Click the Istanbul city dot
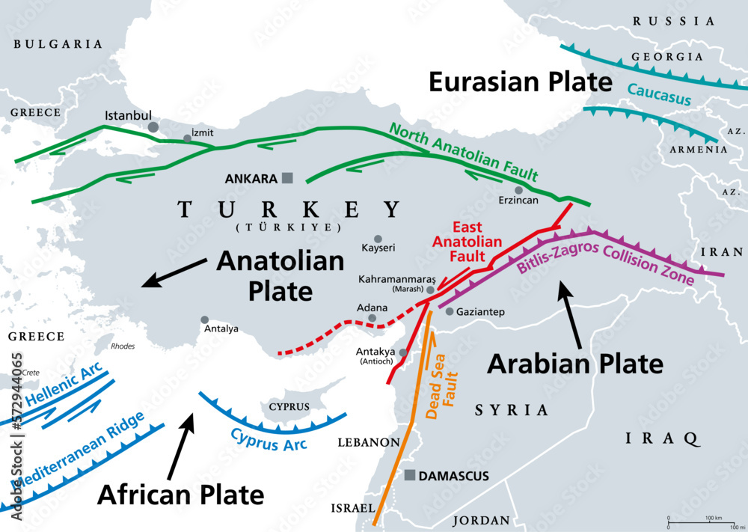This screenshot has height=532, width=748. [x=153, y=127]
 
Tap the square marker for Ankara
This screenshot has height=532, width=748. [x=287, y=178]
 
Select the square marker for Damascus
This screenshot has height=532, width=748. [x=410, y=475]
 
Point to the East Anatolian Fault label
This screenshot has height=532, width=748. [x=467, y=242]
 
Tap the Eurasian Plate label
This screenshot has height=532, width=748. [x=521, y=82]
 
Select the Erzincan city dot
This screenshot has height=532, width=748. [x=518, y=190]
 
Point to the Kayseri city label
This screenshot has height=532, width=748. [x=378, y=247]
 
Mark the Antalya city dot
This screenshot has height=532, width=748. [x=205, y=319]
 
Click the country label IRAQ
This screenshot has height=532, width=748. [x=661, y=438]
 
